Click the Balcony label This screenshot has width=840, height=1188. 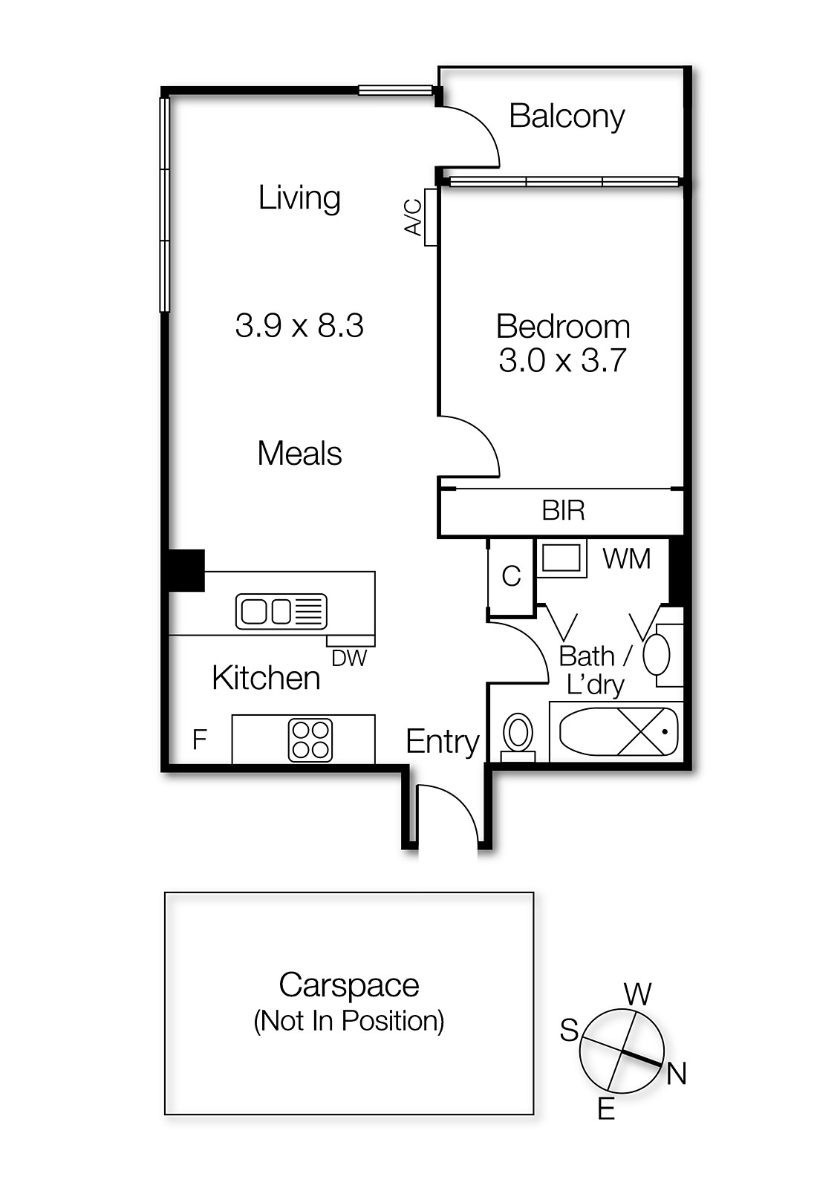click(567, 117)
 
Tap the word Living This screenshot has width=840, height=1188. click(299, 198)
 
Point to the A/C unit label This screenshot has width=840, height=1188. click(413, 217)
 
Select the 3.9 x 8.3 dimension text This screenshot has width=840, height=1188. click(299, 325)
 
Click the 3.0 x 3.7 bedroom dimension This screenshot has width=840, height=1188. click(563, 361)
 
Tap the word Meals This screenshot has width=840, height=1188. click(300, 454)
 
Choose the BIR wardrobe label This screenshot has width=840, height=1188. click(563, 511)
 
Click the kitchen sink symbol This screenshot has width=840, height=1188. click(281, 611)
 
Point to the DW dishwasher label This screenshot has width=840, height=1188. click(349, 658)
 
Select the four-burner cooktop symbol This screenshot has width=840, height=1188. click(310, 740)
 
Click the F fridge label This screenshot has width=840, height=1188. click(200, 740)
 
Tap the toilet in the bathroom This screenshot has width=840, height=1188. click(518, 737)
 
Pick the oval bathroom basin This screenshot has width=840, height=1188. click(657, 654)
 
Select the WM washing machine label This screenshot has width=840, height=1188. click(627, 559)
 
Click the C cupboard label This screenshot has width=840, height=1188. click(512, 576)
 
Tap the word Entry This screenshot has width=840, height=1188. click(443, 742)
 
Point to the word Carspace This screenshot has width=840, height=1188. click(349, 985)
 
